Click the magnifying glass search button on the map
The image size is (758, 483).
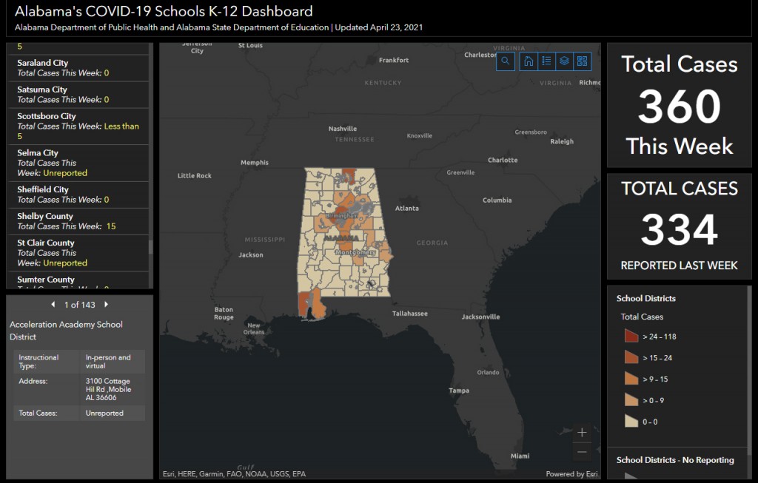tap(506, 61)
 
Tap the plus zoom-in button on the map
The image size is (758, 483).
tap(582, 432)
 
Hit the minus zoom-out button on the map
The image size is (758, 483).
tap(582, 452)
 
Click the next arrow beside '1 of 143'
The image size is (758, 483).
tap(107, 305)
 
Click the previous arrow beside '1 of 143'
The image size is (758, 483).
tap(53, 305)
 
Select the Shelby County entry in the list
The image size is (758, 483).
tap(45, 216)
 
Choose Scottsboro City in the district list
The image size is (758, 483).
tap(47, 116)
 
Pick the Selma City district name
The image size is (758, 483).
tap(38, 153)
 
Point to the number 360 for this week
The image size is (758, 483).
tap(679, 107)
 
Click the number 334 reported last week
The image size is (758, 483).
tap(679, 229)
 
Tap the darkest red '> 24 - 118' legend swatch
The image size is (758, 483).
tap(631, 337)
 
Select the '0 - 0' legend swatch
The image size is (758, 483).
tap(631, 422)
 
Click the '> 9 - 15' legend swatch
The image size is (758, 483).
tap(631, 379)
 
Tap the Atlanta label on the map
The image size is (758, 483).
tap(406, 209)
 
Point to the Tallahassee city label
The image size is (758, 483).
tap(409, 314)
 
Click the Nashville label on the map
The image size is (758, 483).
tap(343, 129)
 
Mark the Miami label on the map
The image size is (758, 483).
tap(520, 456)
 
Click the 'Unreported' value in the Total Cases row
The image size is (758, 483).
tap(104, 413)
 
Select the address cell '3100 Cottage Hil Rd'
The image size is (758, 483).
tap(108, 388)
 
